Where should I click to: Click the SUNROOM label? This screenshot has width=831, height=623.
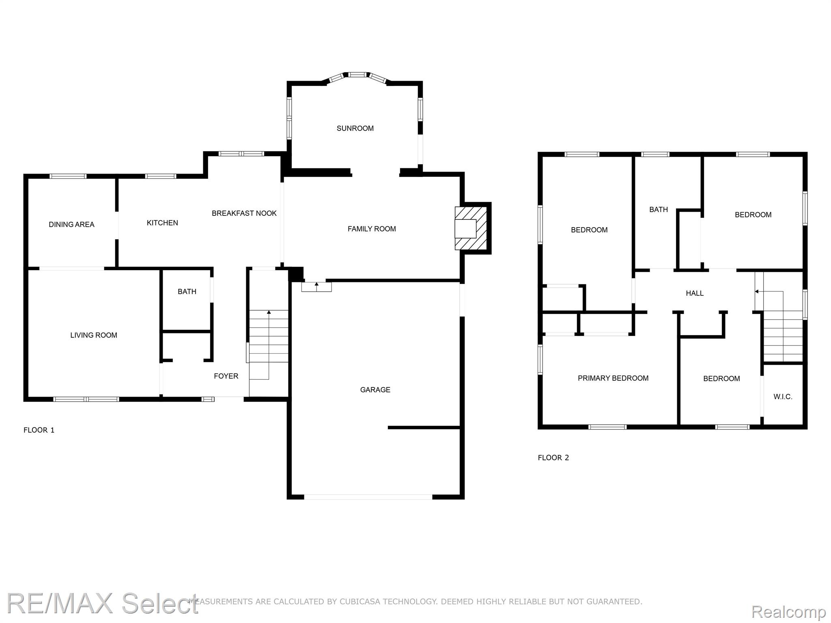tap(355, 128)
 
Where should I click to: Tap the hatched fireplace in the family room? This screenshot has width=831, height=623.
tap(471, 228)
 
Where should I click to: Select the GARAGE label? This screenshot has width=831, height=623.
tap(375, 390)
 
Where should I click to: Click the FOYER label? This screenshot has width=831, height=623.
tap(226, 376)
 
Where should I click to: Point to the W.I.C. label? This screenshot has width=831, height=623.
tap(783, 397)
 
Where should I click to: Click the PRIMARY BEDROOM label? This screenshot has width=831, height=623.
tap(613, 378)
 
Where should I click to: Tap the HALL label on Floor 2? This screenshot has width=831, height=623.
tap(695, 293)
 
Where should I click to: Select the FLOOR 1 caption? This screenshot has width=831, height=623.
tap(39, 430)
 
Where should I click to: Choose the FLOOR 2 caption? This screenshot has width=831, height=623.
tap(553, 458)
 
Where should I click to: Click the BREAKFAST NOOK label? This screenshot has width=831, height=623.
tap(244, 213)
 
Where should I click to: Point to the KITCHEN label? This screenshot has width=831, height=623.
tap(162, 223)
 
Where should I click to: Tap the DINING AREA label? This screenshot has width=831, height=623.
tap(71, 224)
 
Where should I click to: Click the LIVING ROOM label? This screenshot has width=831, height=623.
tap(94, 335)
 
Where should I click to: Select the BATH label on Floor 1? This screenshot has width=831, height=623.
tap(187, 291)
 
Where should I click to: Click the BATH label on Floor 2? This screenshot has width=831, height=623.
tap(659, 209)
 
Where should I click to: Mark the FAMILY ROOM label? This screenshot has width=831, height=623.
tap(372, 229)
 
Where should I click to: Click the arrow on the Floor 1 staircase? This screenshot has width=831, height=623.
tap(269, 345)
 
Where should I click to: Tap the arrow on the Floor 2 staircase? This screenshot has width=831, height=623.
tap(769, 292)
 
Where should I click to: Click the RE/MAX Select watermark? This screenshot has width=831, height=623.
tap(103, 603)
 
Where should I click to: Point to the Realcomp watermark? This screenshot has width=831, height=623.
tap(788, 611)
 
